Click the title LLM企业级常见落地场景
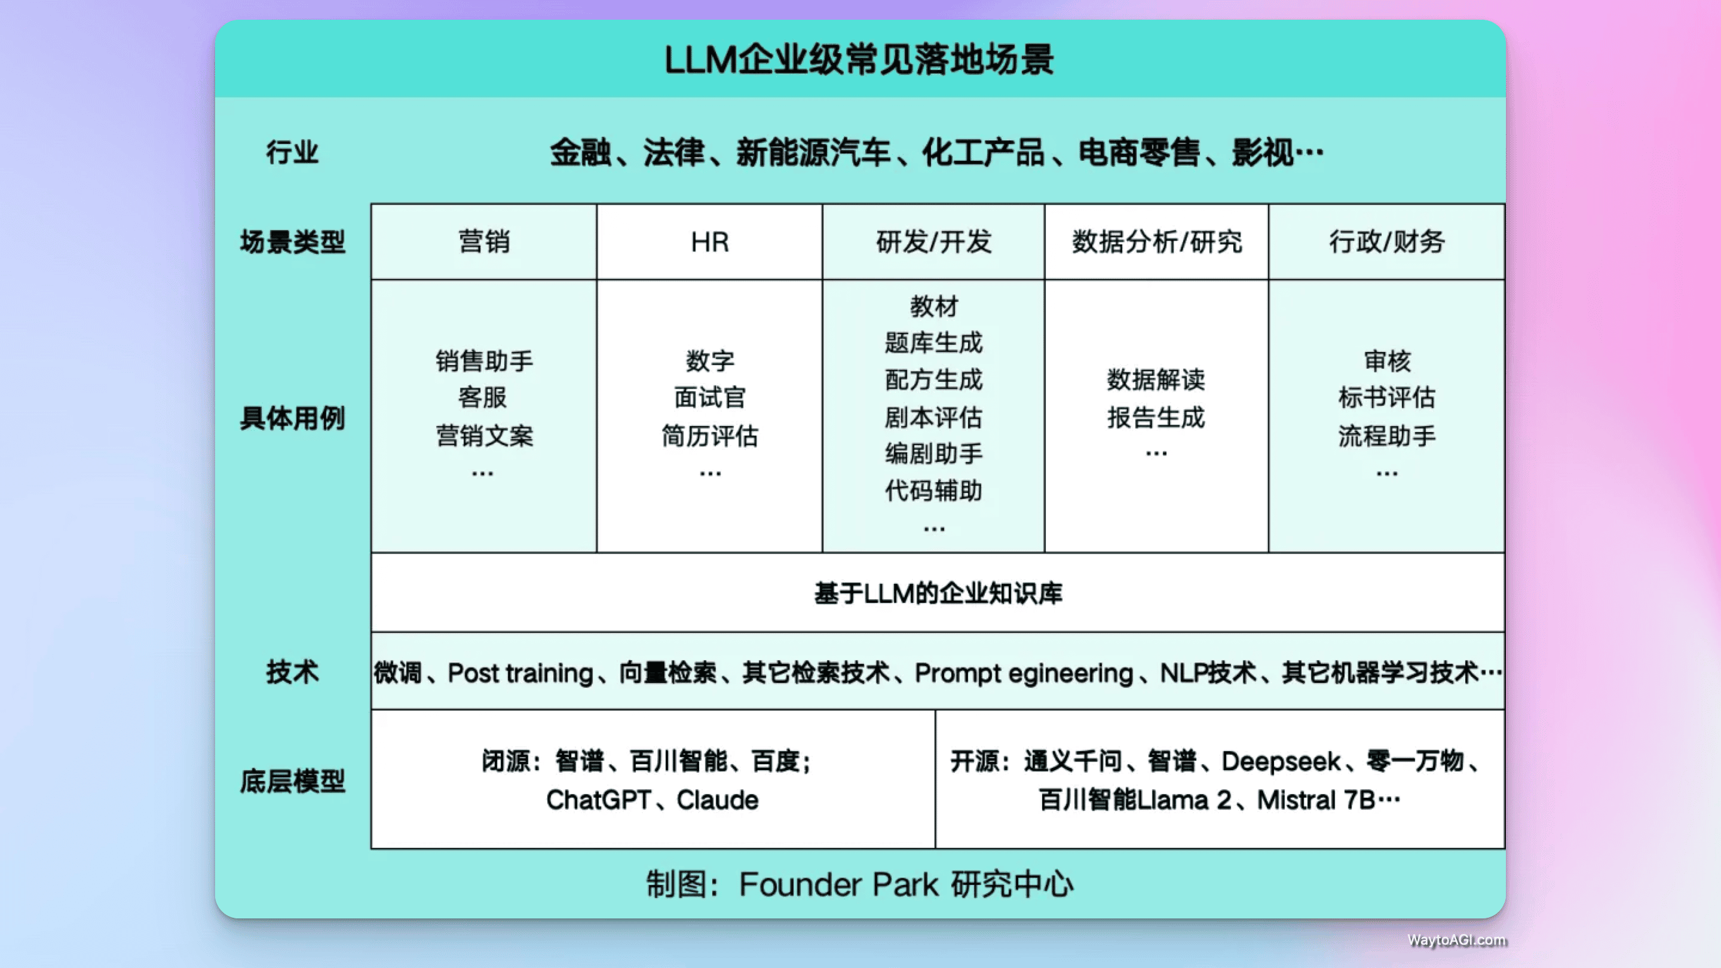[x=859, y=60]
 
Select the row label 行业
[x=292, y=152]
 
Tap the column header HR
[x=709, y=242]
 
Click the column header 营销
[x=483, y=242]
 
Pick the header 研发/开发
[x=933, y=242]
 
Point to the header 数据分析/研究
[x=1156, y=242]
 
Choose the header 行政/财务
[x=1386, y=242]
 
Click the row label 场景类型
[x=292, y=242]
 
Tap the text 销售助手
[x=483, y=362]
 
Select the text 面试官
[x=709, y=397]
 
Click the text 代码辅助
[x=933, y=491]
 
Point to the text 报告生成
[x=1156, y=418]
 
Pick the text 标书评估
[x=1386, y=397]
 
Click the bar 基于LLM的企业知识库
[x=938, y=593]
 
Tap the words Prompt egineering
[x=1024, y=673]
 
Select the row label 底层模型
[x=292, y=781]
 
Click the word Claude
[x=718, y=799]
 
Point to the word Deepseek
[x=1281, y=761]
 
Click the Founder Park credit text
[x=859, y=884]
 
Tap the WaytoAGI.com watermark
[x=1456, y=940]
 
